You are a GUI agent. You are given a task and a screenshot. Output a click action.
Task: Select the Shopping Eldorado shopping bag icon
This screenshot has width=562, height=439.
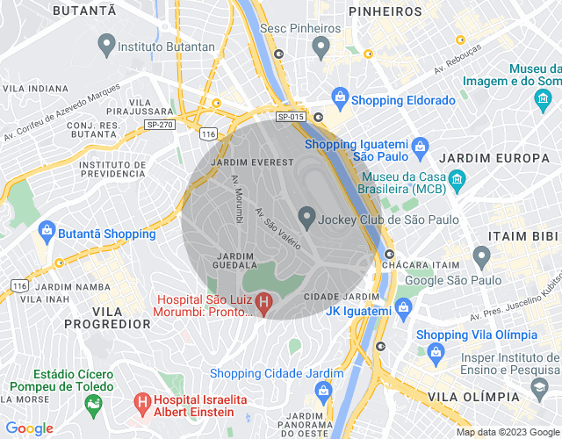(340, 97)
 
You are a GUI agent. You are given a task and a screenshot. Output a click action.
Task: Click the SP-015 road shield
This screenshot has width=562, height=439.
(290, 117)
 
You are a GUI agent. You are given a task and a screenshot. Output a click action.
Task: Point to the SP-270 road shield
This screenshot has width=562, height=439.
(159, 126)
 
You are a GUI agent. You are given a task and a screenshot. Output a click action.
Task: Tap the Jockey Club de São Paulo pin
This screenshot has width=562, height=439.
(306, 215)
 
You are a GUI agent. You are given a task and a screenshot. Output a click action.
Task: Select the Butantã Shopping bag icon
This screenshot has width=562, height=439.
(46, 231)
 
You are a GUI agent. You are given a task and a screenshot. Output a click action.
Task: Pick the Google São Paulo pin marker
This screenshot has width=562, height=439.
(480, 256)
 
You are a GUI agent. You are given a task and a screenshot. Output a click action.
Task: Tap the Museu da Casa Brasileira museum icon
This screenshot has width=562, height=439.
(456, 181)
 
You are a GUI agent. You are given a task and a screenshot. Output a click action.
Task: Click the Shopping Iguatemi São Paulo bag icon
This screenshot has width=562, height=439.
(419, 144)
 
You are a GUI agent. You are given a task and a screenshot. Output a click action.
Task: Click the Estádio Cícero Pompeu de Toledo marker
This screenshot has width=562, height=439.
(90, 403)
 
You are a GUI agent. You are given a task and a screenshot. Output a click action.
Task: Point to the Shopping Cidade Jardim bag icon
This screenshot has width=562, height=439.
(322, 391)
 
